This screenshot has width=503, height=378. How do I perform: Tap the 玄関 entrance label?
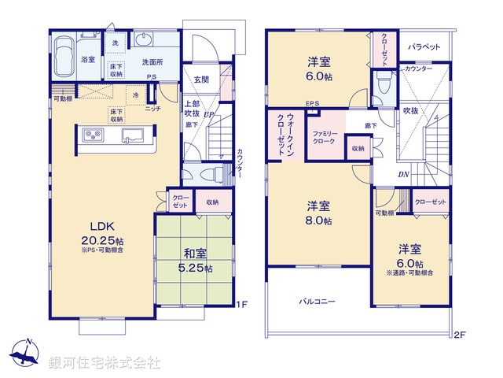pyautogui.click(x=200, y=80)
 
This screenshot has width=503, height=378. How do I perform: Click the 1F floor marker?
pyautogui.click(x=244, y=303)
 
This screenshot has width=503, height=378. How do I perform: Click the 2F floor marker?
pyautogui.click(x=460, y=335)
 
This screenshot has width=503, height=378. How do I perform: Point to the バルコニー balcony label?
pyautogui.click(x=316, y=301)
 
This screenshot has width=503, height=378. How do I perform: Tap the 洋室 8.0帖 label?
pyautogui.click(x=318, y=213)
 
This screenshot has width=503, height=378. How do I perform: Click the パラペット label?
pyautogui.click(x=424, y=47)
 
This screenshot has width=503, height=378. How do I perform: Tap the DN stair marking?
pyautogui.click(x=402, y=174)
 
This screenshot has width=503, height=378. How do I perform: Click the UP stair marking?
pyautogui.click(x=209, y=116)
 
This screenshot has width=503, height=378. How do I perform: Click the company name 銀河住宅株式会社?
pyautogui.click(x=104, y=362)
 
